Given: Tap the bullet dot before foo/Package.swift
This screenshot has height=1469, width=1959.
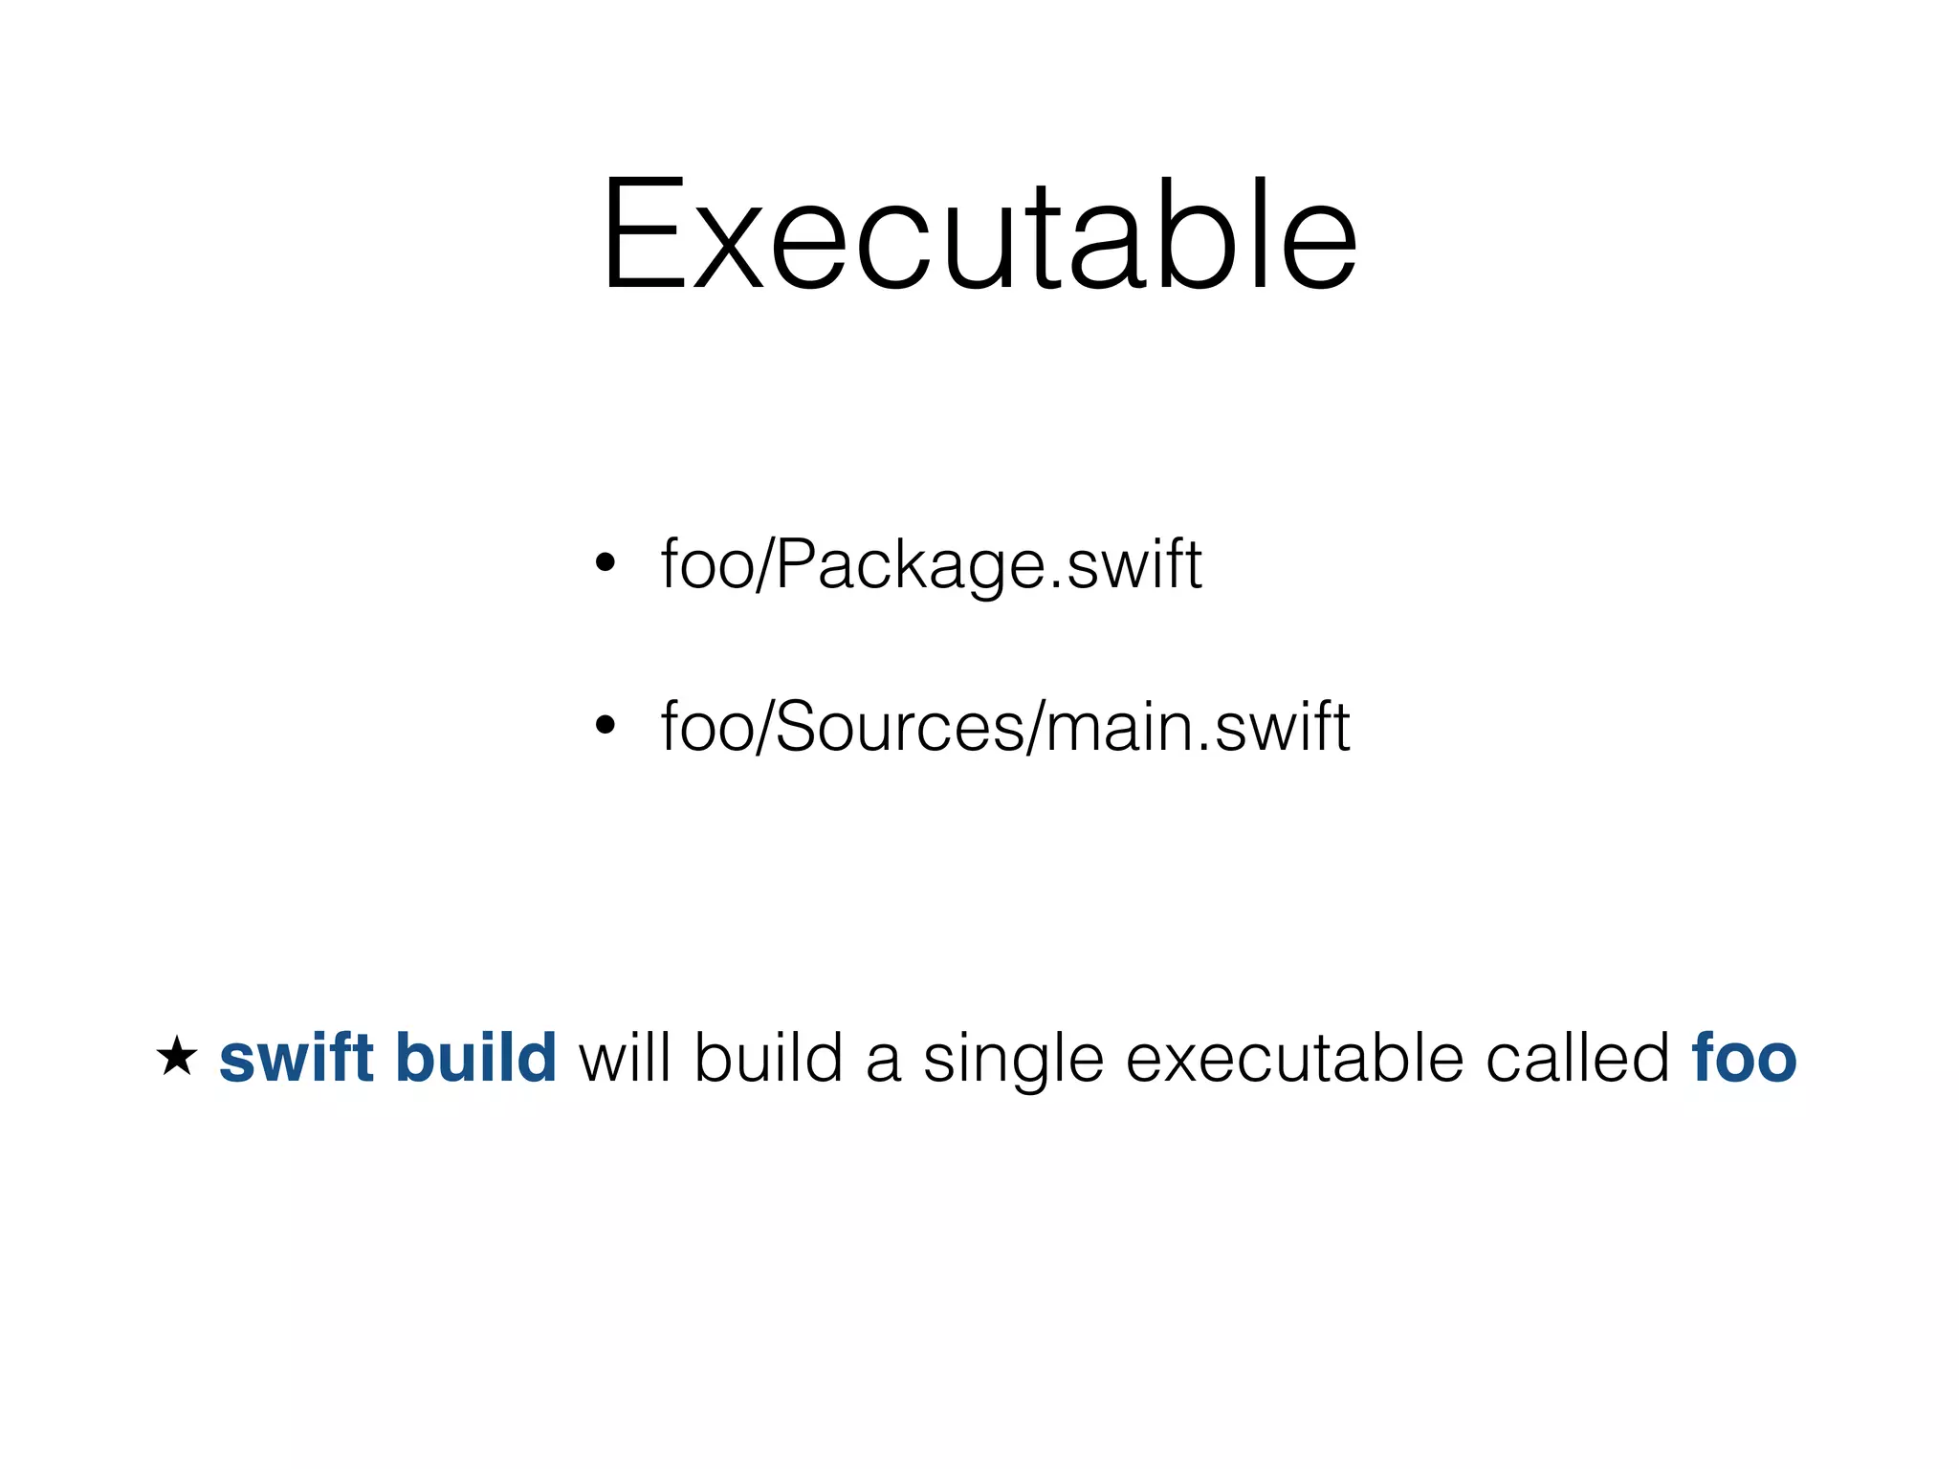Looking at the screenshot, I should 605,562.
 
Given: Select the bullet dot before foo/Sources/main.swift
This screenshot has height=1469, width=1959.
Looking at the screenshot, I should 605,725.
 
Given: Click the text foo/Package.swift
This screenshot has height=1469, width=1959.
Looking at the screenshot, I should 931,564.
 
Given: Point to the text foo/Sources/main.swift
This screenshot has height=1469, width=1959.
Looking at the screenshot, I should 1004,727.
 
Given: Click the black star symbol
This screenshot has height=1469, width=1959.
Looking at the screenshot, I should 177,1057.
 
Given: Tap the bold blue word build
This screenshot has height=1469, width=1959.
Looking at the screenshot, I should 475,1058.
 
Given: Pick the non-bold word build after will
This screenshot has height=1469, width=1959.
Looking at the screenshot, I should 769,1058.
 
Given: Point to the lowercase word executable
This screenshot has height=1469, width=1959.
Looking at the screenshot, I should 1295,1058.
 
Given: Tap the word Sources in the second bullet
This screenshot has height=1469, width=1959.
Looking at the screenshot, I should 899,727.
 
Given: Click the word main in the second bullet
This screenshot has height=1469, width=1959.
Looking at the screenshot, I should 1119,727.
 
